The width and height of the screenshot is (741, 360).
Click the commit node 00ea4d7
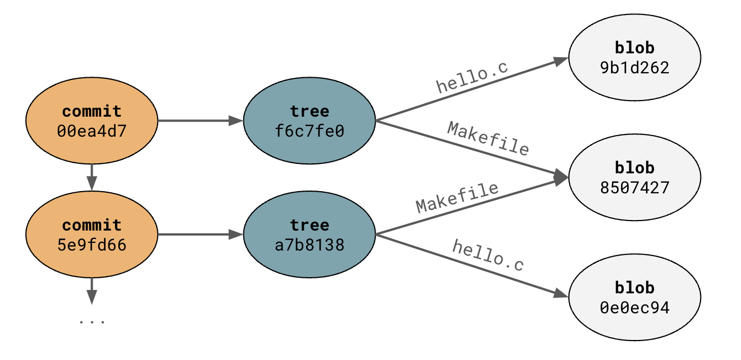(92, 121)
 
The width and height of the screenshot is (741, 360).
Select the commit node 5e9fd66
(92, 234)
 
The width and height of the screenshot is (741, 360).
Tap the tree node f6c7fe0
(309, 121)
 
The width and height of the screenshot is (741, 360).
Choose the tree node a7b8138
(309, 234)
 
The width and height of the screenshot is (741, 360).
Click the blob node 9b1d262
(634, 58)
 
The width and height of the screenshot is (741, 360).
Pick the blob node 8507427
(634, 178)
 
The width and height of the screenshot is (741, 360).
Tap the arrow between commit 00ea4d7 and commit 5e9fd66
(92, 177)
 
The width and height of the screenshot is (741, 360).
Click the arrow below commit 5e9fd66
(92, 291)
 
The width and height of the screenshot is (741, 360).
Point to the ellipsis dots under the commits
(92, 321)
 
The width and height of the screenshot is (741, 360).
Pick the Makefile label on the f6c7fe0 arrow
(488, 138)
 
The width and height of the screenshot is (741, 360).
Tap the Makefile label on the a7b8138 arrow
(457, 197)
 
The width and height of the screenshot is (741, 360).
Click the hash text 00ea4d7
(92, 131)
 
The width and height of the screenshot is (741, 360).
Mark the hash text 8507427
(634, 188)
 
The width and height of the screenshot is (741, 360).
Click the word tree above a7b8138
(309, 225)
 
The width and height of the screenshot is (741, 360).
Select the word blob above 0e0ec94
(634, 288)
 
